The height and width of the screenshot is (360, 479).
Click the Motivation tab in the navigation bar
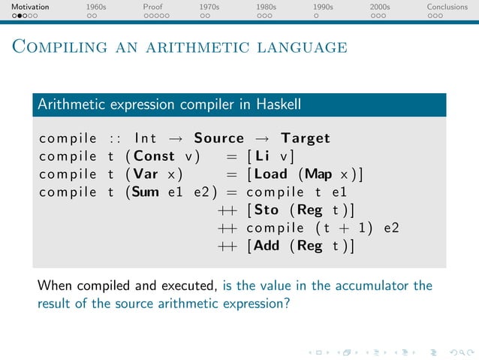click(x=25, y=7)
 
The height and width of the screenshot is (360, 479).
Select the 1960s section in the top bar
click(x=96, y=7)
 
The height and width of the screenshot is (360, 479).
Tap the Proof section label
click(x=152, y=7)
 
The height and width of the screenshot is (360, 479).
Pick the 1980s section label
click(x=266, y=7)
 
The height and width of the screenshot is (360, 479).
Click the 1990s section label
click(x=324, y=7)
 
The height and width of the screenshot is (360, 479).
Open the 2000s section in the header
click(x=380, y=7)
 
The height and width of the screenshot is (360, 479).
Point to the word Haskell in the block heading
click(x=275, y=105)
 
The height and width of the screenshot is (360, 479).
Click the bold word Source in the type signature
click(x=218, y=138)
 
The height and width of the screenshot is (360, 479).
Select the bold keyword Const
click(x=154, y=156)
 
